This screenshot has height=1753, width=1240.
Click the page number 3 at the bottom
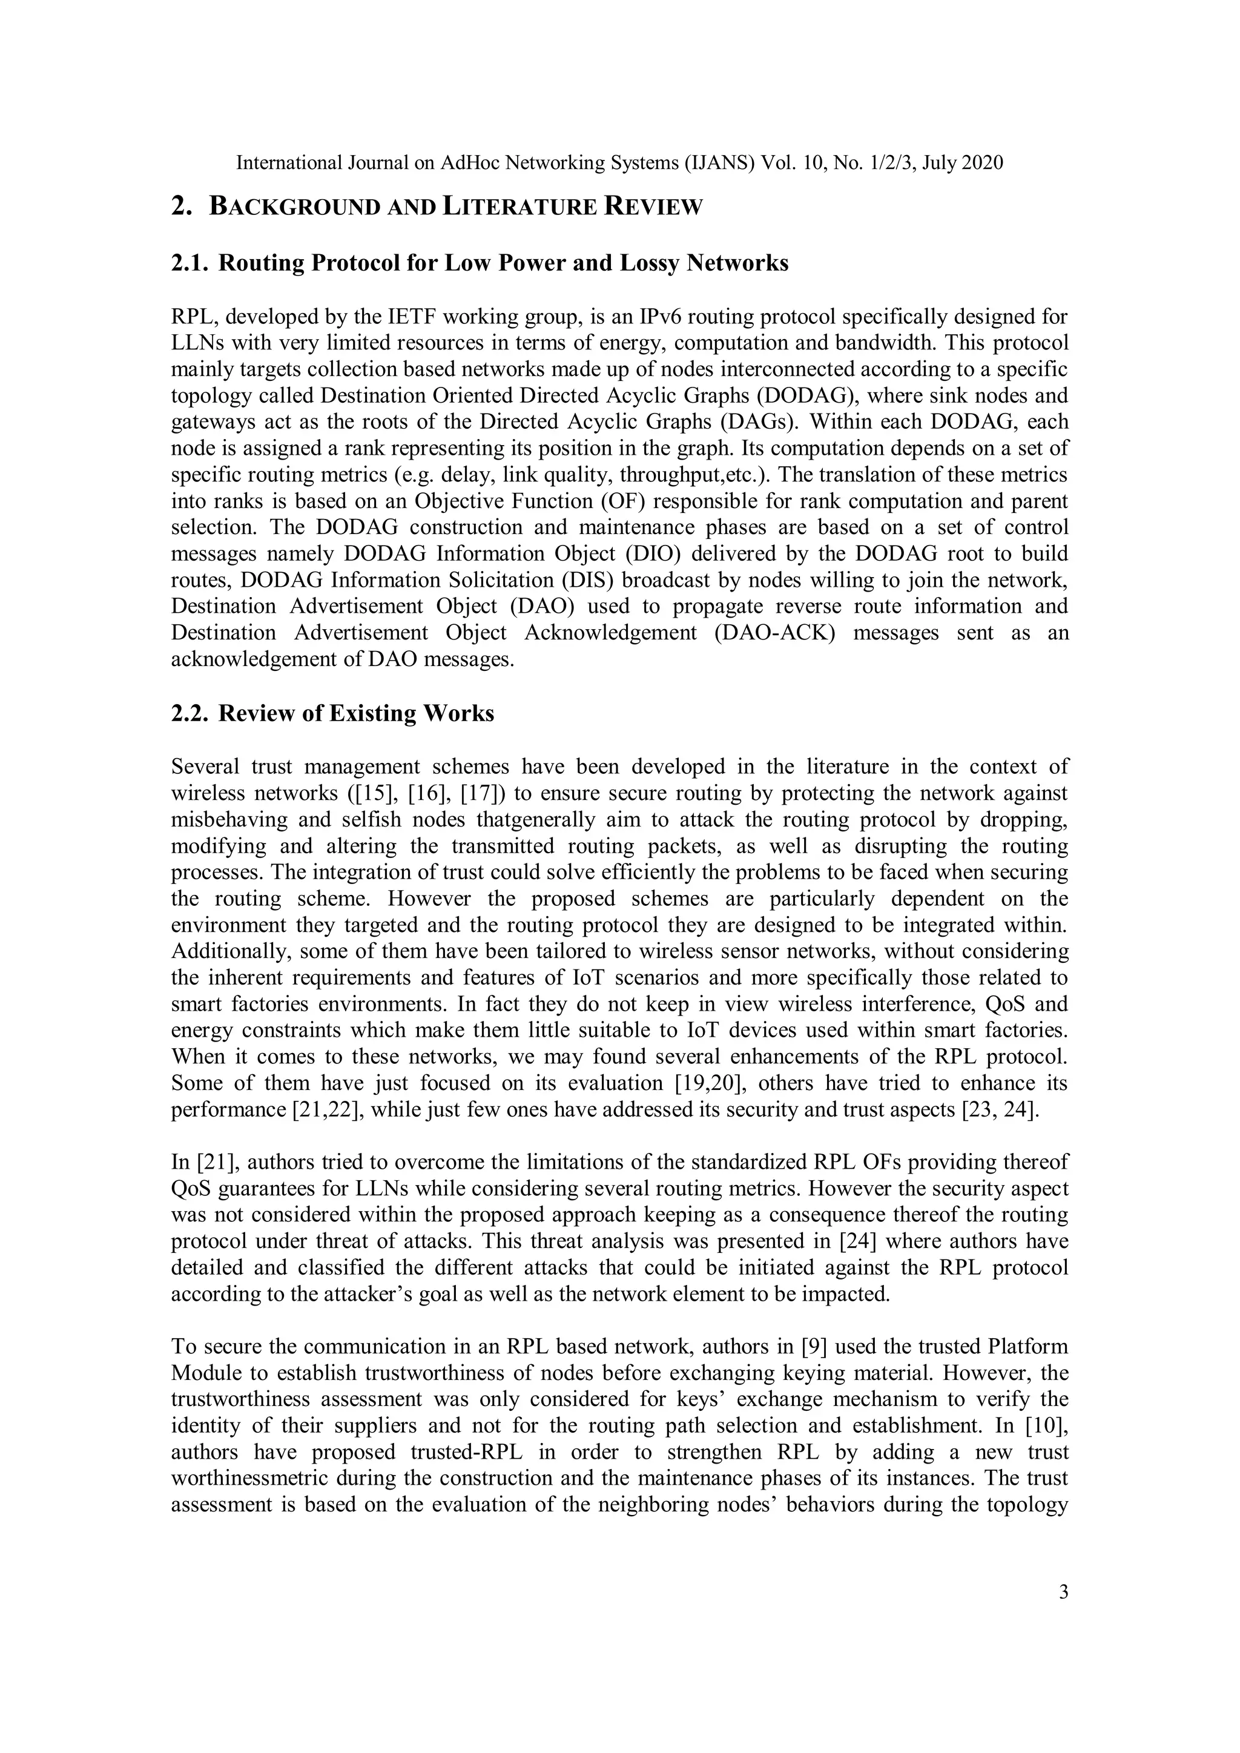[x=1064, y=1592]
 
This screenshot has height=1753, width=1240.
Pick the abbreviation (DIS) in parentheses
[x=588, y=580]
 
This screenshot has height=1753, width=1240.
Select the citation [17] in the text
[x=483, y=793]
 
